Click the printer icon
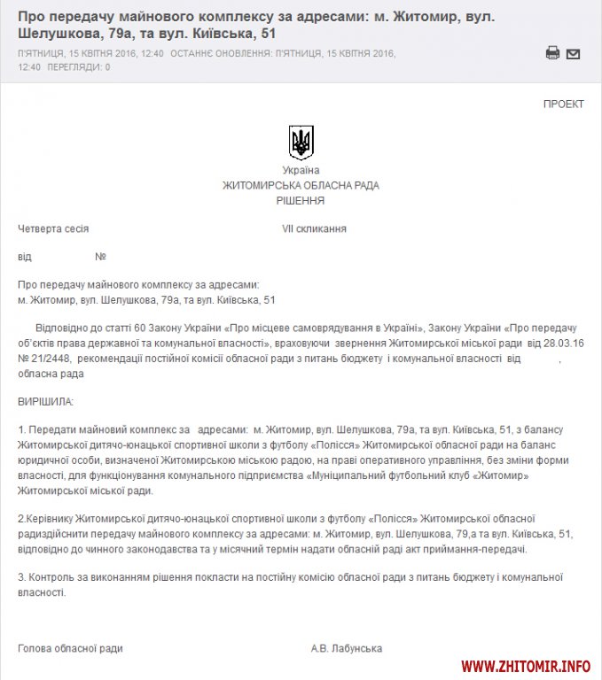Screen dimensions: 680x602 (552, 53)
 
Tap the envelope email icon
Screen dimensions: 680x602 (573, 53)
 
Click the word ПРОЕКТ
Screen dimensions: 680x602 (563, 104)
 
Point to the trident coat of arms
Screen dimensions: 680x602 (301, 142)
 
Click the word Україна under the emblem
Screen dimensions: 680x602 (301, 171)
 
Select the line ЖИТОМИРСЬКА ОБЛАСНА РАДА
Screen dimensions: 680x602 (301, 186)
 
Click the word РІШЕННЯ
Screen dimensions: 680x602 (301, 201)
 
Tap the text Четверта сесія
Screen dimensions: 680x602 (53, 228)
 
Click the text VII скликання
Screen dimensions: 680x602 (314, 228)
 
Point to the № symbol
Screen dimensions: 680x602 (100, 257)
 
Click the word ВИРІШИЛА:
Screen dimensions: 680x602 (46, 402)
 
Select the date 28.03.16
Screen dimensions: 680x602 (559, 343)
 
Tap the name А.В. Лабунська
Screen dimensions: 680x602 (347, 649)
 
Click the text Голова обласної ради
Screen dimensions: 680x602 (70, 649)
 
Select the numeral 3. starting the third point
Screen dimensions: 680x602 (22, 577)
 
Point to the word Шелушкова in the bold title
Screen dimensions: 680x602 (58, 33)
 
